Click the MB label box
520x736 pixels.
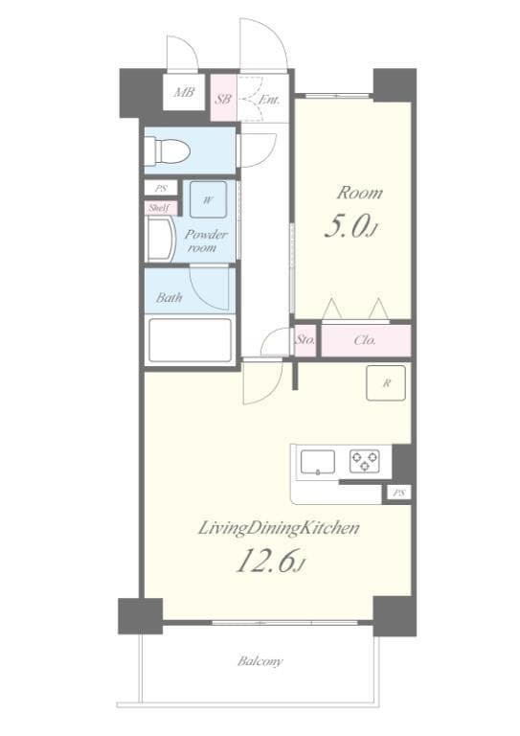[183, 94]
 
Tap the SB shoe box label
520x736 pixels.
[222, 99]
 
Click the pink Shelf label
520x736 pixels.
[158, 208]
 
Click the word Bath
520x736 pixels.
[170, 297]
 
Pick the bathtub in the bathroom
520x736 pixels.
[190, 339]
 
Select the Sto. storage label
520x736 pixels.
[305, 340]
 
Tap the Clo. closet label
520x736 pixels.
[364, 340]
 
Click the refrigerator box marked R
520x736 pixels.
[386, 383]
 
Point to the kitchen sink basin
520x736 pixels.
[318, 462]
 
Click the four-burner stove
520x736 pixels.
[365, 462]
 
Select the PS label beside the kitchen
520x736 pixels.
[397, 494]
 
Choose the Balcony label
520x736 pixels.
[260, 661]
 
